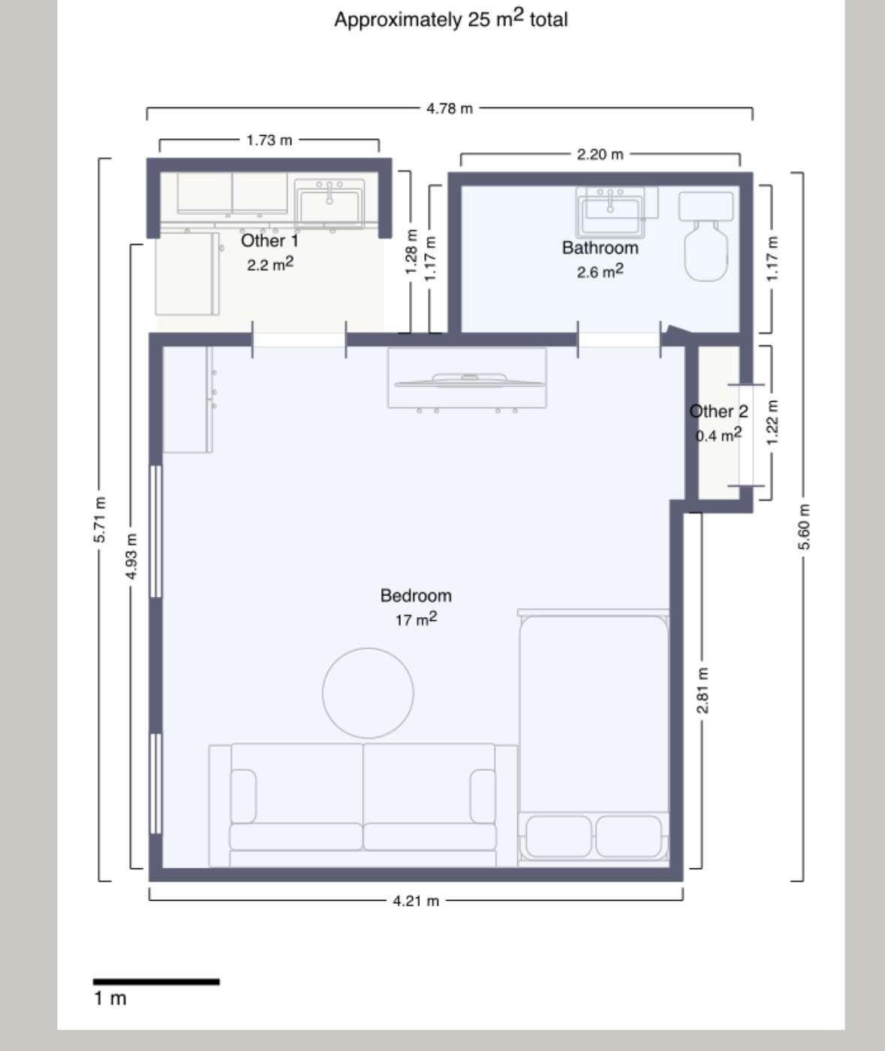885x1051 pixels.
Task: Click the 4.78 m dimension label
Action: point(450,108)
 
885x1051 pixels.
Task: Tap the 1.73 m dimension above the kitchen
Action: point(269,140)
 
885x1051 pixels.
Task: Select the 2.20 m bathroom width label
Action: point(600,154)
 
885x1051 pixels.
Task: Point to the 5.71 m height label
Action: point(100,519)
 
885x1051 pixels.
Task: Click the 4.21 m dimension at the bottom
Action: point(416,901)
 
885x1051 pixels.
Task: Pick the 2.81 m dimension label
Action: point(703,690)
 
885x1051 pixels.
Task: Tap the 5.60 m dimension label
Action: point(805,526)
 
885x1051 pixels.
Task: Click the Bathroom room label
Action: point(600,248)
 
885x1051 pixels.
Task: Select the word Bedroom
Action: point(416,595)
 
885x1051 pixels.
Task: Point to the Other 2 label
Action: point(719,411)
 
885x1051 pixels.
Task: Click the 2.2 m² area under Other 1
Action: point(269,264)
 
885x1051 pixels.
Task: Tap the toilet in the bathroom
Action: point(706,236)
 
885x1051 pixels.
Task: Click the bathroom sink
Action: point(610,212)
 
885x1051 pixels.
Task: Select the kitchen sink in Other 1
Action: point(330,203)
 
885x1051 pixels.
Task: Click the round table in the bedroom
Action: point(368,693)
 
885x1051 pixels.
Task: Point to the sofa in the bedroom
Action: point(363,806)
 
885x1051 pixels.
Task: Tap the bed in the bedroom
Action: point(594,738)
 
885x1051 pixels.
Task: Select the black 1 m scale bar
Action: point(156,981)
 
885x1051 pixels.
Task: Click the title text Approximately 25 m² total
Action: point(451,19)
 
